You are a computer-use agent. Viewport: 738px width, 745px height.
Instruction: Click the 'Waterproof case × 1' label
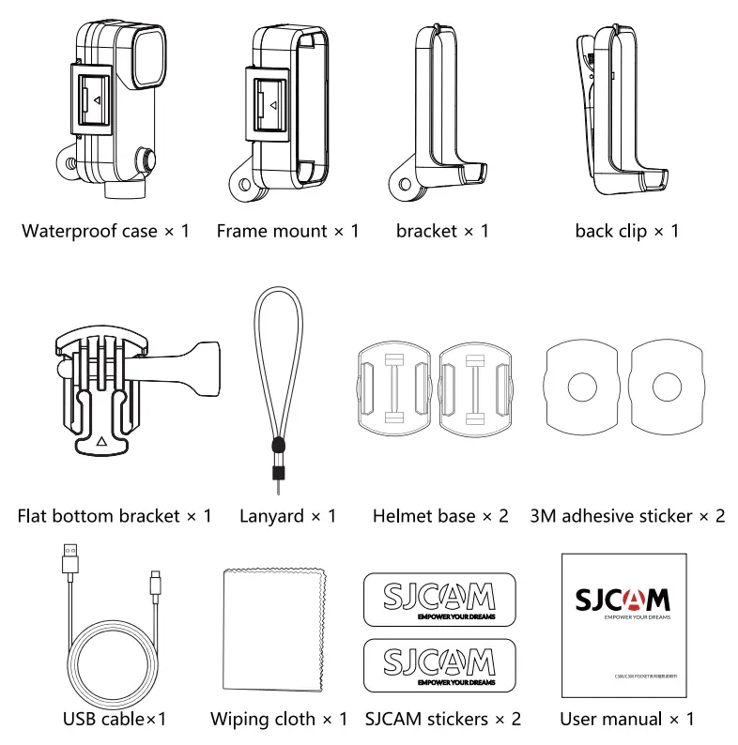105,231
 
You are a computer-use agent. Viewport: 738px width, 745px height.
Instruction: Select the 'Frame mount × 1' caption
287,231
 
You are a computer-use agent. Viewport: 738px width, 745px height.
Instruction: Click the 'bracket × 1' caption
441,231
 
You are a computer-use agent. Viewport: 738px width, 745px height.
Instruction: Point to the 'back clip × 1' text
626,231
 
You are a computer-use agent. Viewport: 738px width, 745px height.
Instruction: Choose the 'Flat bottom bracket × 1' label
115,516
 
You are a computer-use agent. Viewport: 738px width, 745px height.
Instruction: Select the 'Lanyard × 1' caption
287,516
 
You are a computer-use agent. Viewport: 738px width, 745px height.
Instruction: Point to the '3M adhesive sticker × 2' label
627,516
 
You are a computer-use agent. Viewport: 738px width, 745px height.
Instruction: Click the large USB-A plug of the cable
70,559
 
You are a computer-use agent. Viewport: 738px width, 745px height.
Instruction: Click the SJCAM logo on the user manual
623,599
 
